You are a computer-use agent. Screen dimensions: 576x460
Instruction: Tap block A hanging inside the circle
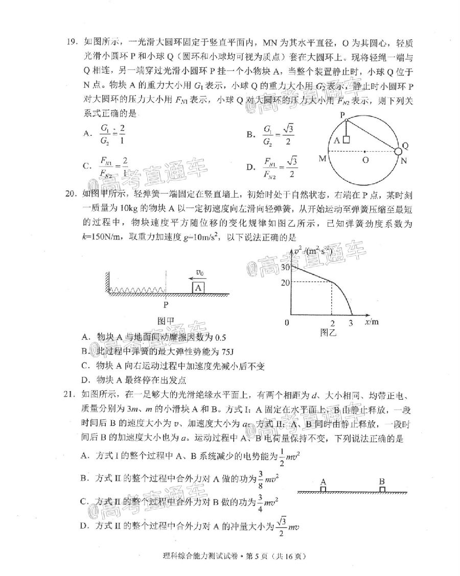pos(346,140)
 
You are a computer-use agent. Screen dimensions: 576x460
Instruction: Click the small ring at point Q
pos(398,151)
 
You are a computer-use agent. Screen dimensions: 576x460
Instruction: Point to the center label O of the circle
pos(364,160)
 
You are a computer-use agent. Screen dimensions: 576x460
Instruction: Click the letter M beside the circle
pos(322,159)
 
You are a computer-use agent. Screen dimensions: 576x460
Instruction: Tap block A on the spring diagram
pos(199,287)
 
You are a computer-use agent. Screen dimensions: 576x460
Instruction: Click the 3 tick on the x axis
pos(351,323)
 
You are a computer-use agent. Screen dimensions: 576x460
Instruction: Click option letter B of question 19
pos(251,134)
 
